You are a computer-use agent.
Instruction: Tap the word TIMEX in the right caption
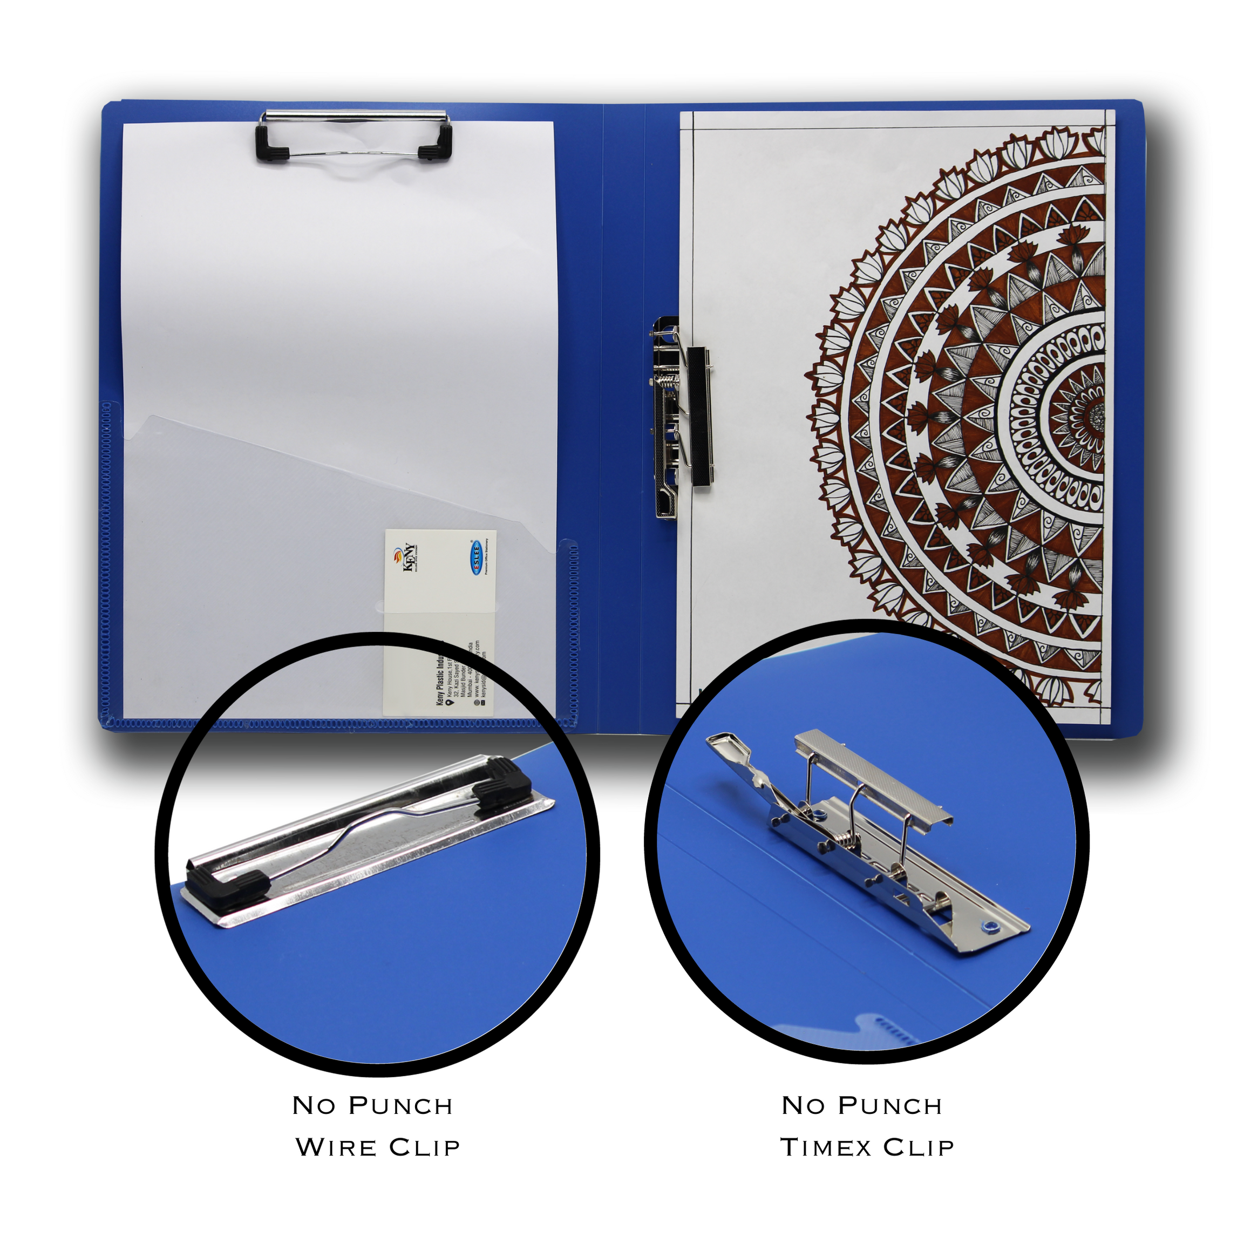(x=826, y=1147)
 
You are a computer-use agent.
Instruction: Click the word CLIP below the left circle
(x=424, y=1147)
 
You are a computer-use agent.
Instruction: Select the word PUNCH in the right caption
(x=890, y=1105)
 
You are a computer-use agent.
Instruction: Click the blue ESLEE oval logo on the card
(x=477, y=555)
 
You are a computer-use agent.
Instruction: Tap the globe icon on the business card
(x=477, y=703)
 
